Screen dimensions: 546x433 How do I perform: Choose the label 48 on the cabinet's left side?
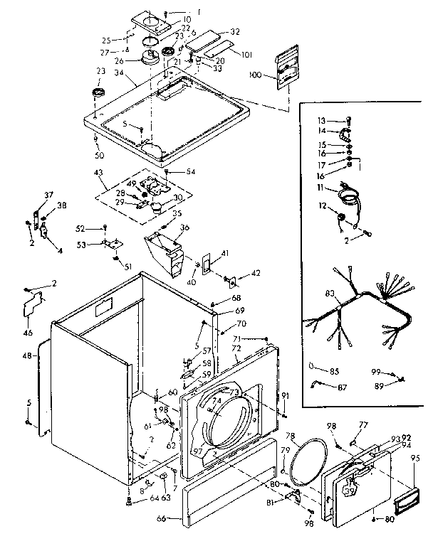tap(27, 355)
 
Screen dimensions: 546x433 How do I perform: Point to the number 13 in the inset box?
tap(320, 121)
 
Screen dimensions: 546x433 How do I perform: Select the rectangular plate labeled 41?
tap(207, 263)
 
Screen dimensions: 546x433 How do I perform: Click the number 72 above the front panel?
tap(236, 350)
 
